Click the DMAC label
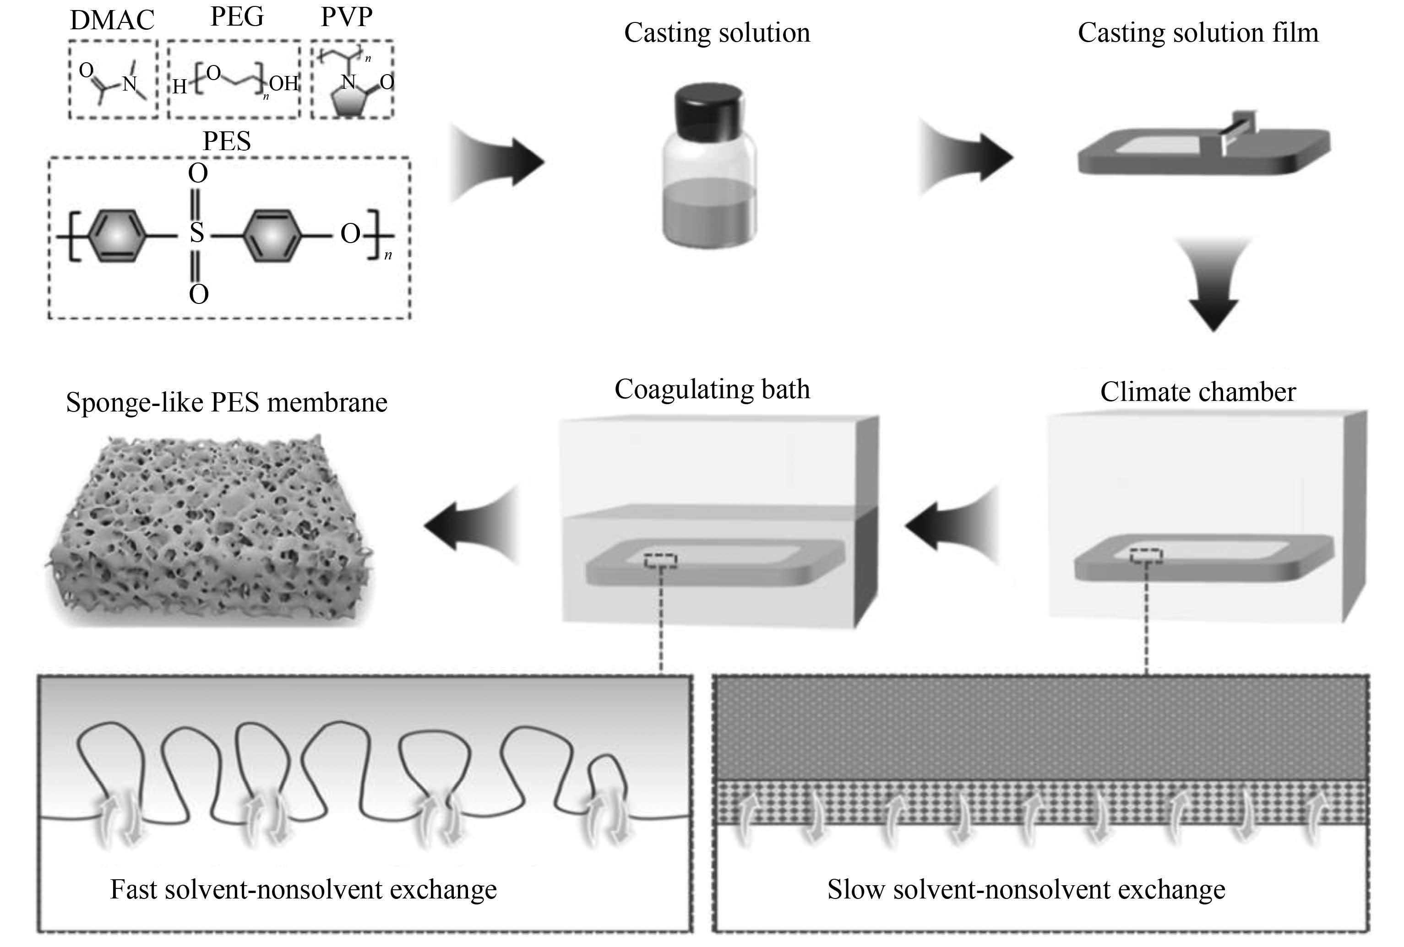click(112, 20)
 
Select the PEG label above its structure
click(237, 16)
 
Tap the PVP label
click(346, 16)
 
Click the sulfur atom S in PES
click(197, 233)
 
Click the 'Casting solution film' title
click(1198, 32)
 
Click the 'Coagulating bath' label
click(712, 390)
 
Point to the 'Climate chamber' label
click(1198, 392)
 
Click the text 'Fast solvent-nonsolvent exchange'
click(303, 889)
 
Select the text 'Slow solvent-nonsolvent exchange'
click(1026, 889)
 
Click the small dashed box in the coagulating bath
click(660, 561)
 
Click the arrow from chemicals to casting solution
click(498, 162)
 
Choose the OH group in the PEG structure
click(284, 83)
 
